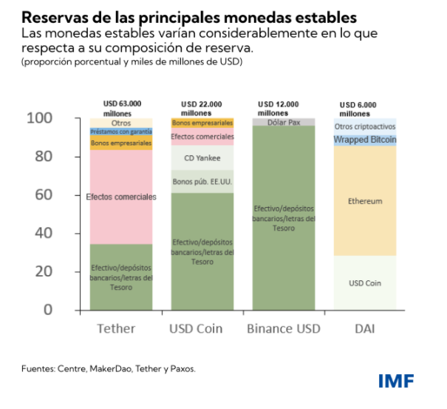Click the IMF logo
(x=395, y=382)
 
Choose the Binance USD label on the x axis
(x=283, y=328)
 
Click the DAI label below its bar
(x=364, y=328)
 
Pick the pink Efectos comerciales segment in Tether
(x=121, y=197)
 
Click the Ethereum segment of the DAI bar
(x=364, y=200)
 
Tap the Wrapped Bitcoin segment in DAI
(x=364, y=140)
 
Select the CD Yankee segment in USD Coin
(x=202, y=158)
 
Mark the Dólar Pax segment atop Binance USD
(x=283, y=121)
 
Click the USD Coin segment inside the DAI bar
(x=364, y=283)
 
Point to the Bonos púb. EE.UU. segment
(x=202, y=181)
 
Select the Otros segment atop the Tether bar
(x=121, y=122)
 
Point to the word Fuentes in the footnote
(x=37, y=368)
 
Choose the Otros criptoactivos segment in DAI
(x=364, y=126)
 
